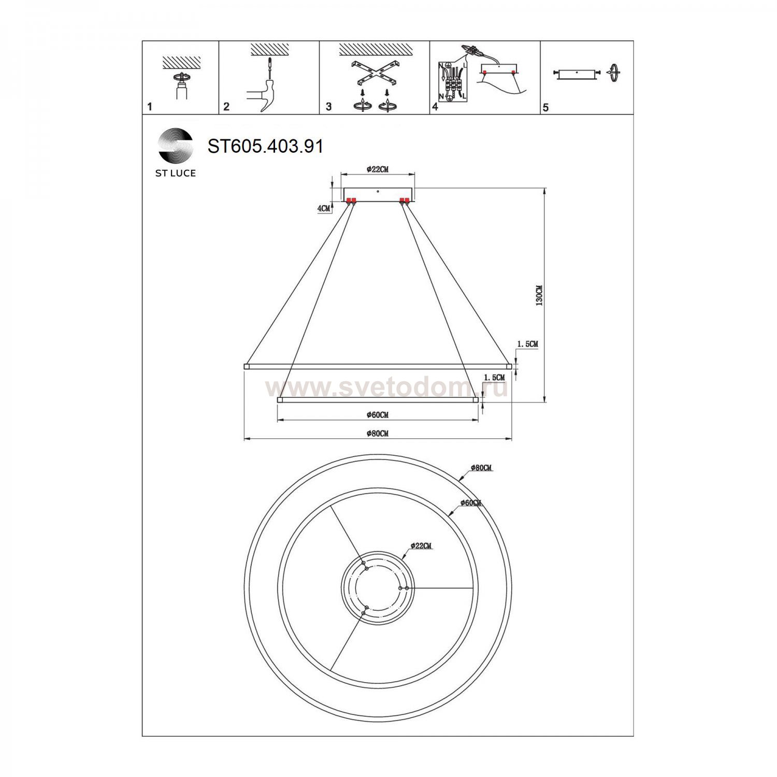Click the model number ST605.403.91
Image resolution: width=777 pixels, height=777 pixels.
tap(265, 146)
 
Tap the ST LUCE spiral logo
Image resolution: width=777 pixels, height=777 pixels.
tap(176, 145)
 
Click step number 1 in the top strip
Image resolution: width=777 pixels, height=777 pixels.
tap(150, 107)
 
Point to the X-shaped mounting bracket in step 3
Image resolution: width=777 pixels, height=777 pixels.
tap(374, 72)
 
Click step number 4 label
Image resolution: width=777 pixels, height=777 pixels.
tap(435, 107)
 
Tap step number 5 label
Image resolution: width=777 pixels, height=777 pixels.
tap(545, 107)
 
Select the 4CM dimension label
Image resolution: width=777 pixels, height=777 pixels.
tap(323, 208)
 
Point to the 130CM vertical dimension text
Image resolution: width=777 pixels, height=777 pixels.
tap(539, 295)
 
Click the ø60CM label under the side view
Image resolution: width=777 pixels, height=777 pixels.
tap(377, 415)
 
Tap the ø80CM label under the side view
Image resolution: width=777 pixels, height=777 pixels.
tap(377, 434)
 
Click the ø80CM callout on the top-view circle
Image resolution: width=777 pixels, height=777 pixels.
tap(481, 468)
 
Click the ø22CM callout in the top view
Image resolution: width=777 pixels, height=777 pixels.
tap(421, 545)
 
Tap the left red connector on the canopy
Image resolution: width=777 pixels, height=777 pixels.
tap(351, 200)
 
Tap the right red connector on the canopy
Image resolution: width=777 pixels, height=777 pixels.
tap(405, 200)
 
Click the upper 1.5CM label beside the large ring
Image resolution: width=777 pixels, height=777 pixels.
tap(527, 344)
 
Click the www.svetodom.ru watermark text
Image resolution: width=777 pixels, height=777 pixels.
tap(386, 387)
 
